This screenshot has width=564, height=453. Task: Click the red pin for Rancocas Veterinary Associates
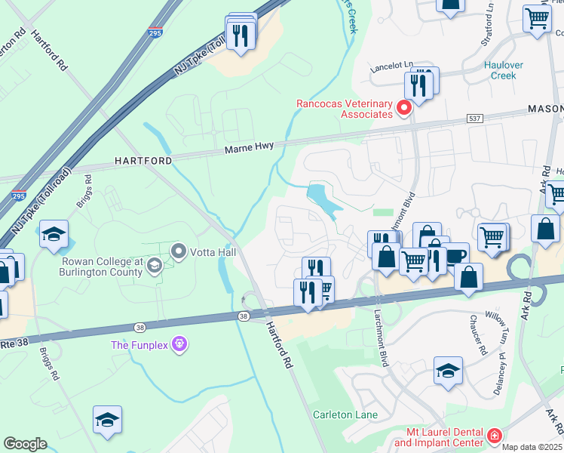(x=404, y=108)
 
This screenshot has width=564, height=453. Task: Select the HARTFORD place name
(x=143, y=161)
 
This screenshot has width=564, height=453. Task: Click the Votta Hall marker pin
(x=179, y=250)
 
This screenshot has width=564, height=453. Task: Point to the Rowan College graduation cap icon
(x=155, y=264)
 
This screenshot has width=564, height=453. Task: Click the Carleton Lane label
(x=345, y=414)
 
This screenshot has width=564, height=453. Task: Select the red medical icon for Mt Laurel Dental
(x=494, y=436)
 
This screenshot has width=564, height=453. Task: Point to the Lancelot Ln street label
(x=392, y=66)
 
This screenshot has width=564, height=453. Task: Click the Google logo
(x=25, y=444)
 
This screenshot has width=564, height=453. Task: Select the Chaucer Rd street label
(x=477, y=337)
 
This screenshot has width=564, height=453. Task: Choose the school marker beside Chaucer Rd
(x=448, y=371)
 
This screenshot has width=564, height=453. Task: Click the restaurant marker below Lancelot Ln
(x=418, y=85)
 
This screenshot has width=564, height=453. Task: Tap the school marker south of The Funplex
(x=107, y=420)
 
